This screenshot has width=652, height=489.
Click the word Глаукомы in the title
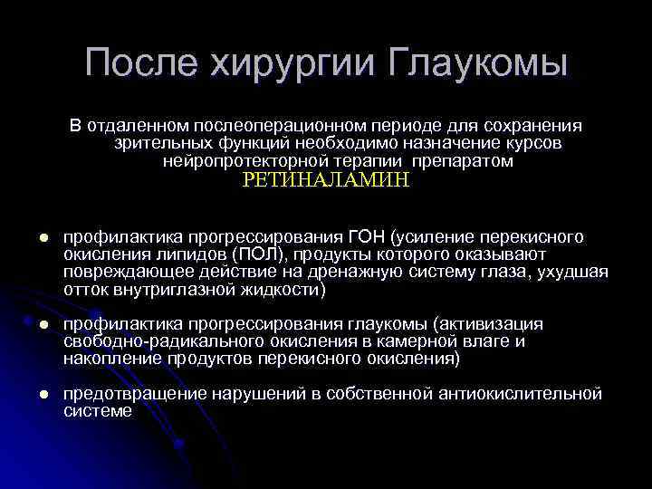pyautogui.click(x=480, y=63)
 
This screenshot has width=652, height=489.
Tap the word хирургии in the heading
pyautogui.click(x=293, y=63)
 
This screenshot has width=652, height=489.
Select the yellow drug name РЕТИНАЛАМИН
pyautogui.click(x=326, y=180)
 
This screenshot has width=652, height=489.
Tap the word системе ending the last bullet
pyautogui.click(x=97, y=411)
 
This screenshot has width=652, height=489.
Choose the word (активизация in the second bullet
pyautogui.click(x=489, y=324)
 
